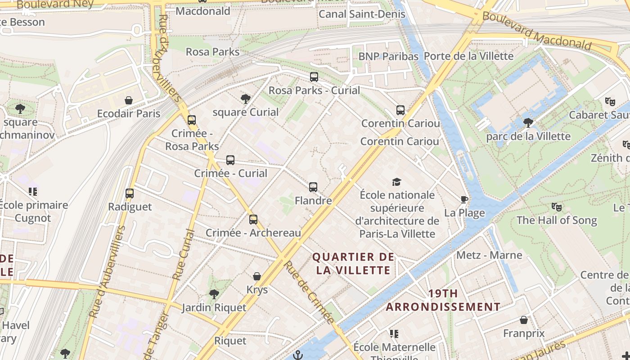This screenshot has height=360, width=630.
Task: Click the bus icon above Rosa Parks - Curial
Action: [x=314, y=77]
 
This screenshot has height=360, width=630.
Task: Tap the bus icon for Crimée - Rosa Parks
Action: [x=192, y=120]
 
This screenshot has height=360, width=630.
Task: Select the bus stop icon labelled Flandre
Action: [x=313, y=187]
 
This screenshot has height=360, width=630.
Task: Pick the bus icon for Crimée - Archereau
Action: [x=253, y=220]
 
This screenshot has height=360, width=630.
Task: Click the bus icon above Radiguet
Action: [x=130, y=193]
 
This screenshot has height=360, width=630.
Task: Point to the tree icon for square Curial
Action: [x=246, y=99]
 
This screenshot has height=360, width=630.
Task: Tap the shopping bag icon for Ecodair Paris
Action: [x=129, y=100]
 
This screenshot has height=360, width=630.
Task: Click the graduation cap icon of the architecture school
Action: [x=396, y=182]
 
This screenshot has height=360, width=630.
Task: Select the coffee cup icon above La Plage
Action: [x=464, y=200]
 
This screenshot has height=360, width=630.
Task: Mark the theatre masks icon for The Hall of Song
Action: [x=557, y=207]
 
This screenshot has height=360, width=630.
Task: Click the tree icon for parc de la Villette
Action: [x=528, y=122]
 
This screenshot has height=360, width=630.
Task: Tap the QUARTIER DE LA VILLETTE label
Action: [x=353, y=263]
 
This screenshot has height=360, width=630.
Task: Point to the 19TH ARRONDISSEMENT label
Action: [x=443, y=300]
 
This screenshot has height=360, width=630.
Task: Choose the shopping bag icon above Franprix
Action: [x=524, y=320]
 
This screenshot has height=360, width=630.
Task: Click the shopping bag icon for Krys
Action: [x=257, y=276]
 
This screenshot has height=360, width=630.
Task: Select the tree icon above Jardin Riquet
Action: [x=214, y=294]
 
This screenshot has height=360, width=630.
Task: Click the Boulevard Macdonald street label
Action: [x=536, y=31]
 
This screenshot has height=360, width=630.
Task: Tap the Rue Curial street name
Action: [x=184, y=255]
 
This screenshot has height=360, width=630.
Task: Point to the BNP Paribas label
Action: [x=388, y=56]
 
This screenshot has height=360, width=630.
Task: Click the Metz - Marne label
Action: [x=489, y=255]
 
